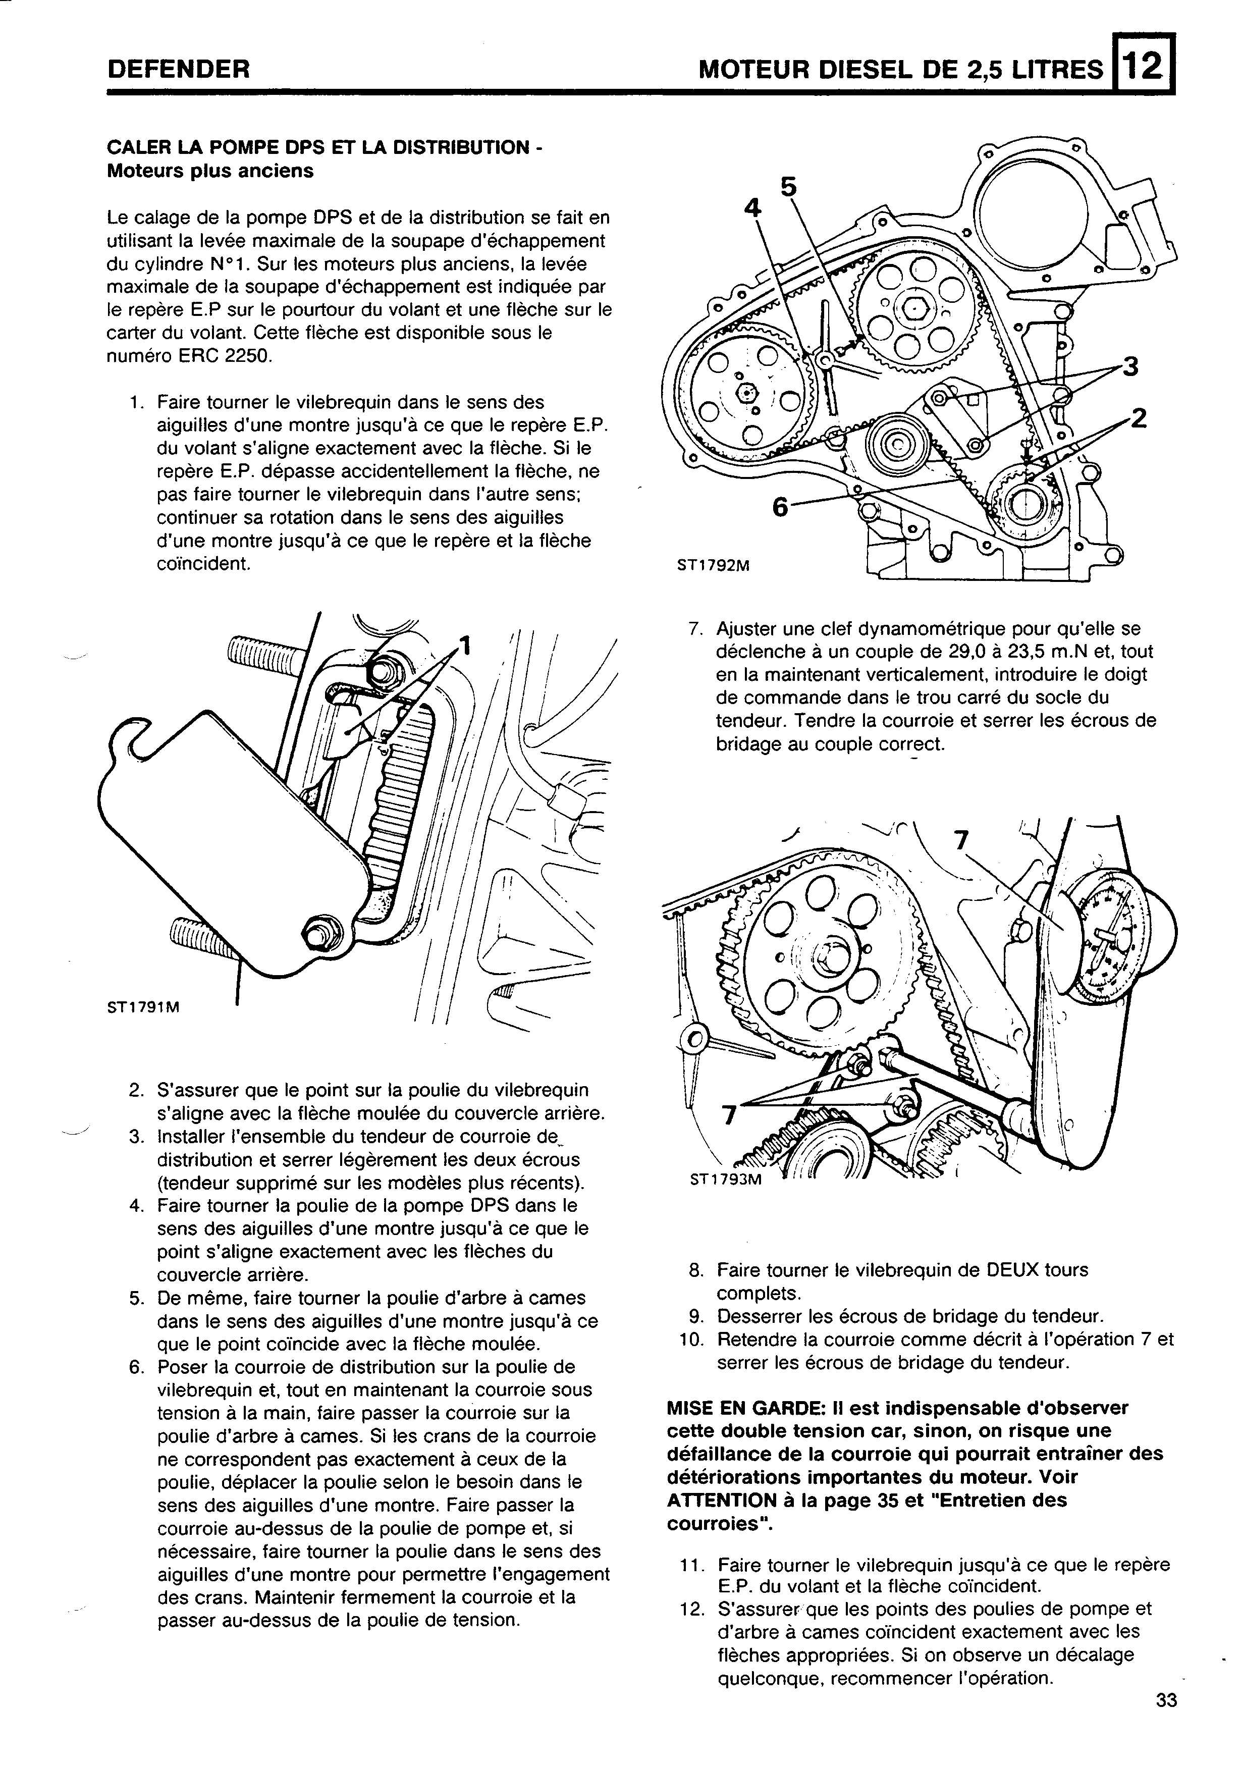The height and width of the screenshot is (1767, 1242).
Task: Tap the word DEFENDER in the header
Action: tap(179, 70)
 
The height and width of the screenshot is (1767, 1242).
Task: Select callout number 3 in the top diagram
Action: tap(1129, 366)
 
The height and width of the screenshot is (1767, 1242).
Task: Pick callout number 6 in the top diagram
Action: tap(780, 506)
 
